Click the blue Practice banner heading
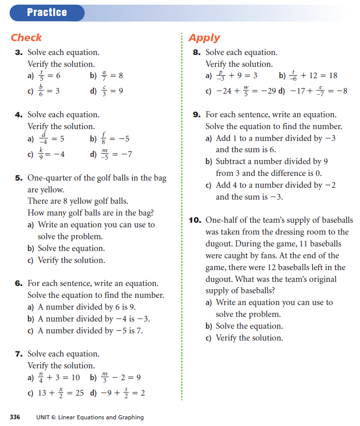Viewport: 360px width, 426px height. (47, 12)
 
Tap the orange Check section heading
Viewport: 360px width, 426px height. (26, 38)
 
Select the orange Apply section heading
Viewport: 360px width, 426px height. (204, 38)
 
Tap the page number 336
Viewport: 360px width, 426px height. (15, 417)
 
